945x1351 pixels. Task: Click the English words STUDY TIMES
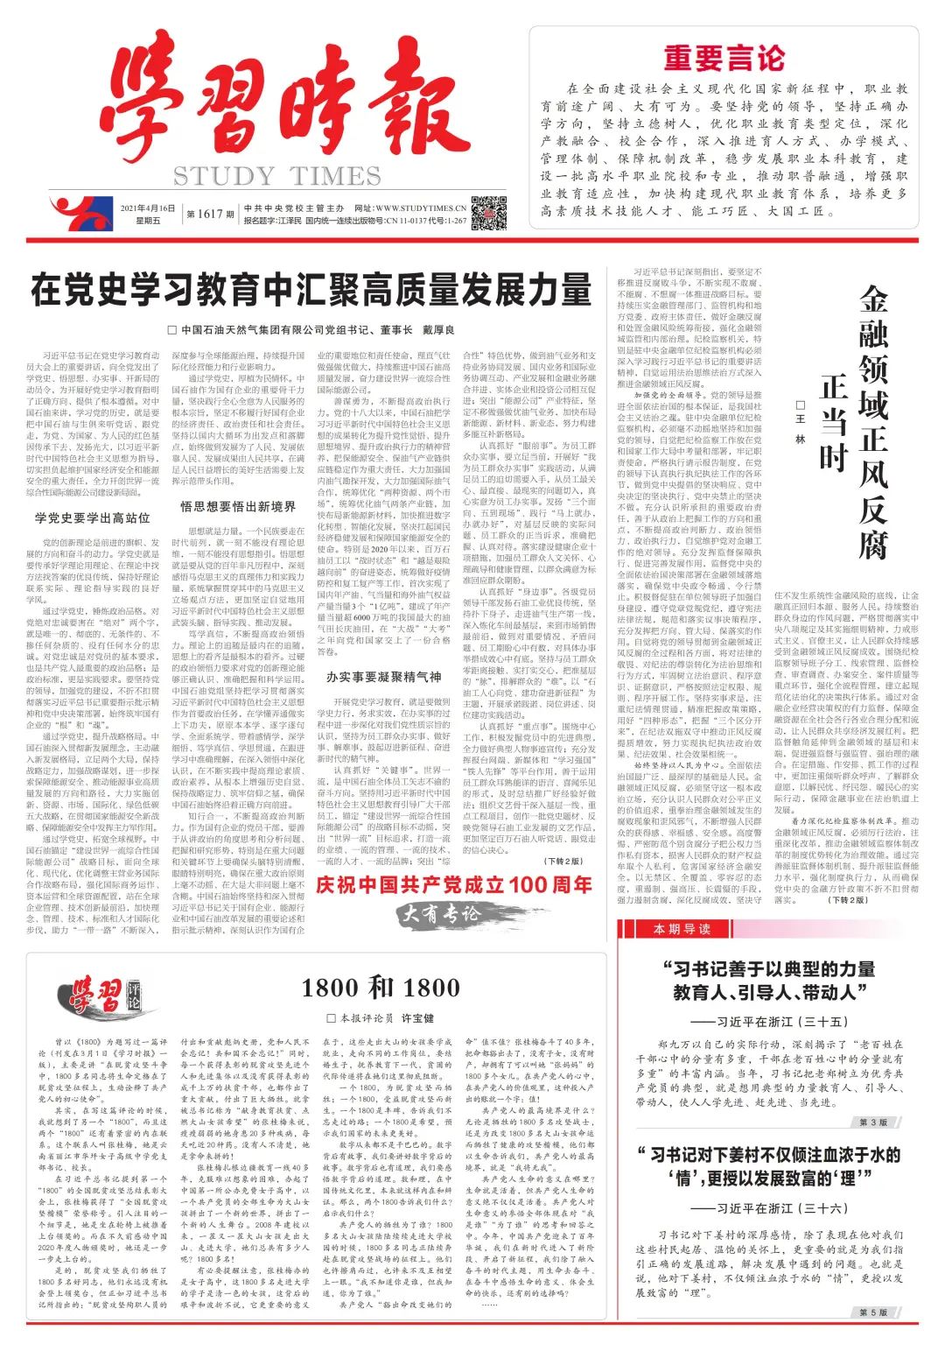(276, 176)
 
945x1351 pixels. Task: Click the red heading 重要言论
(724, 58)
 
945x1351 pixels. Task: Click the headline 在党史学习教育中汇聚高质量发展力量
(311, 289)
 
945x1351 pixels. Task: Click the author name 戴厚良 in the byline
(438, 330)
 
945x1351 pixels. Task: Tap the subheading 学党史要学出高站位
(93, 517)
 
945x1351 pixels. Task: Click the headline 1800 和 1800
(380, 989)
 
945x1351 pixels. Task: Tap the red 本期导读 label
(682, 929)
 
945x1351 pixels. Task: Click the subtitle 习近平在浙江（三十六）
(768, 1208)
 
